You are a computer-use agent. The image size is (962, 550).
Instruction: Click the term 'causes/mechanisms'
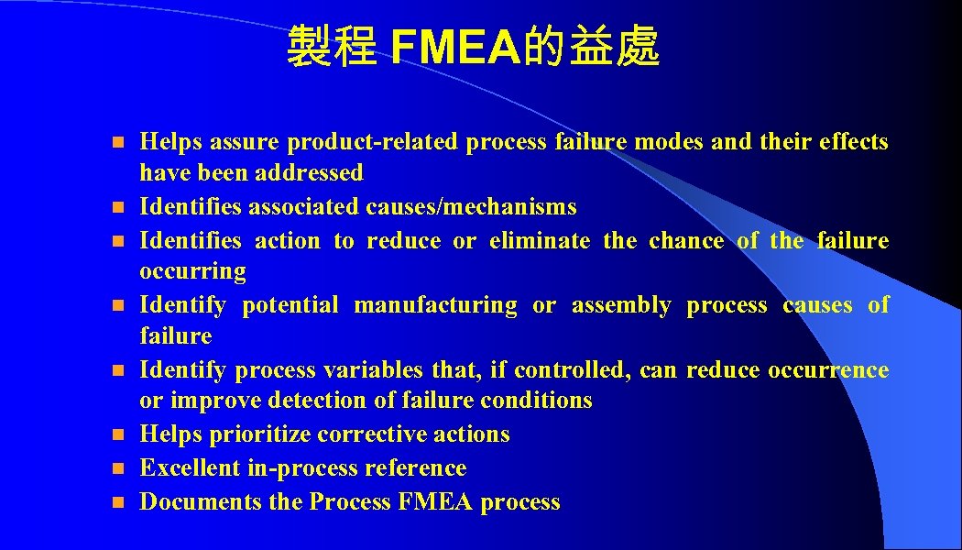pos(472,207)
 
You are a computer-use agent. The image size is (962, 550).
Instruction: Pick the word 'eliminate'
pos(540,241)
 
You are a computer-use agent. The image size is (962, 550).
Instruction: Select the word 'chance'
pos(685,241)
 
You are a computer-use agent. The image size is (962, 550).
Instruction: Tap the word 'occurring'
pos(192,271)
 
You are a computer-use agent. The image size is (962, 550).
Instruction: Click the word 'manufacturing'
pos(435,305)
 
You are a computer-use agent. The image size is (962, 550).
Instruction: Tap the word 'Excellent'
pos(190,468)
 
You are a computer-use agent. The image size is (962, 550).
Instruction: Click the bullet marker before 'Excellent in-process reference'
pos(115,468)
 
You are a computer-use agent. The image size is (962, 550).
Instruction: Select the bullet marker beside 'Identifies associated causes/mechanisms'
pos(115,207)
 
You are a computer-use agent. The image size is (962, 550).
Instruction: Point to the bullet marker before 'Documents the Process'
pos(115,502)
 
